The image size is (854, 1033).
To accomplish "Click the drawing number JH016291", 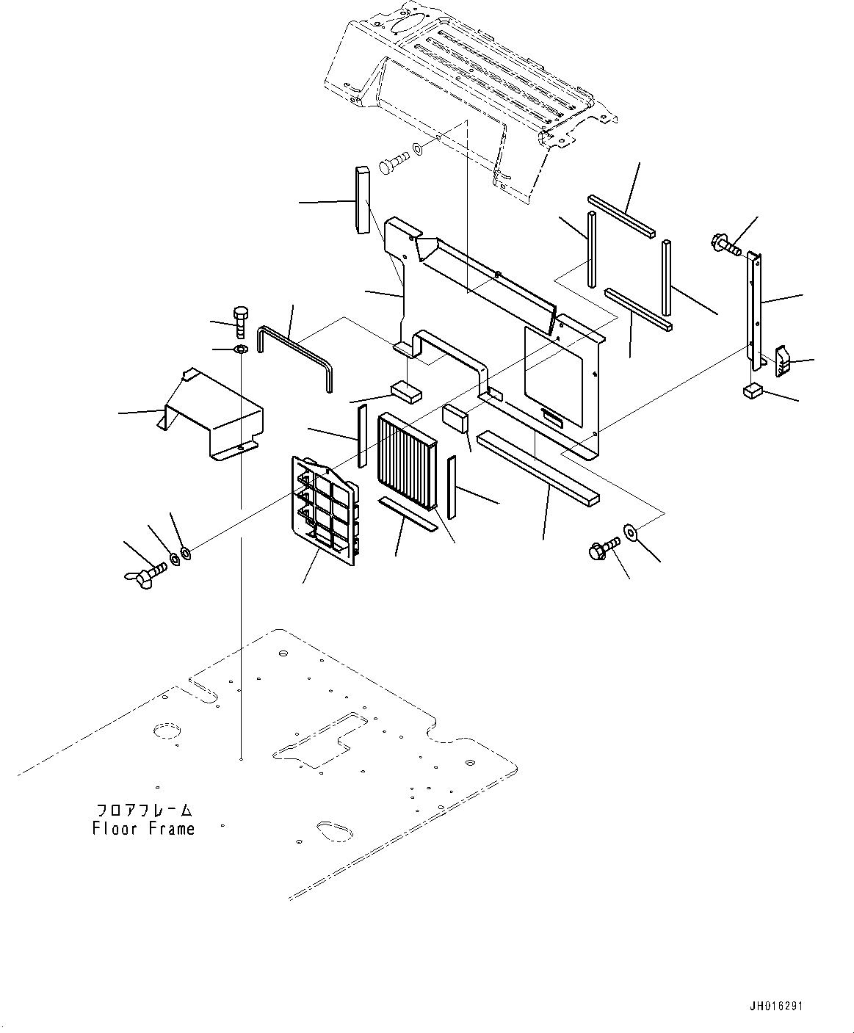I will coord(776,1006).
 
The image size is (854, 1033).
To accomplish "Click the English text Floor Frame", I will coord(144,829).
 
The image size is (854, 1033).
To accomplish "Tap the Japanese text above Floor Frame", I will coord(145,811).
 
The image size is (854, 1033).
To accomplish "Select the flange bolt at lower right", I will coord(601,549).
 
